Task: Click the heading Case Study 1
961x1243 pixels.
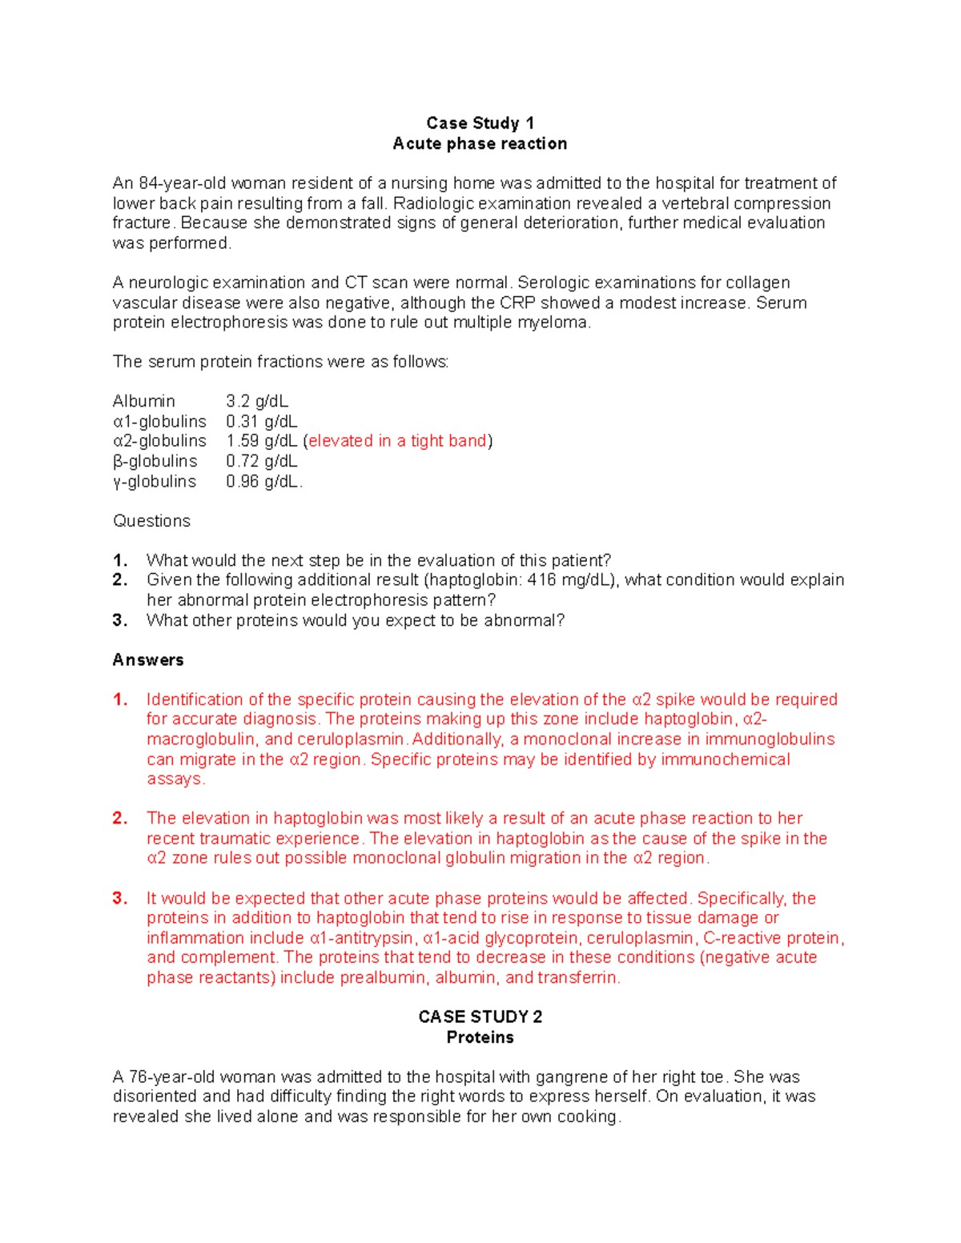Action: coord(480,123)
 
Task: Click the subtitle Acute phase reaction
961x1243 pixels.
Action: coord(480,144)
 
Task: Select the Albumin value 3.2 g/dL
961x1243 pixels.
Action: coord(256,401)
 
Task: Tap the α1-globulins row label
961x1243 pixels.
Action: coord(159,422)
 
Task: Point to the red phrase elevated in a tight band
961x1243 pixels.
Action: coord(398,441)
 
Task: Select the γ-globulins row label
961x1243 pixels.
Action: coord(155,482)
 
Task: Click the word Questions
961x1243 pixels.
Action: coord(151,521)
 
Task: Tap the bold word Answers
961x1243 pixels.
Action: coord(148,660)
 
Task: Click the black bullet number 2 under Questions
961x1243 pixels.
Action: coord(120,580)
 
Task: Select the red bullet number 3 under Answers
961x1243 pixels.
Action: coord(120,898)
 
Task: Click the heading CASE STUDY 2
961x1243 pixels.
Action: coord(480,1017)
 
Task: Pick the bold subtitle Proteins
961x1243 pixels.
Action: coord(480,1038)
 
